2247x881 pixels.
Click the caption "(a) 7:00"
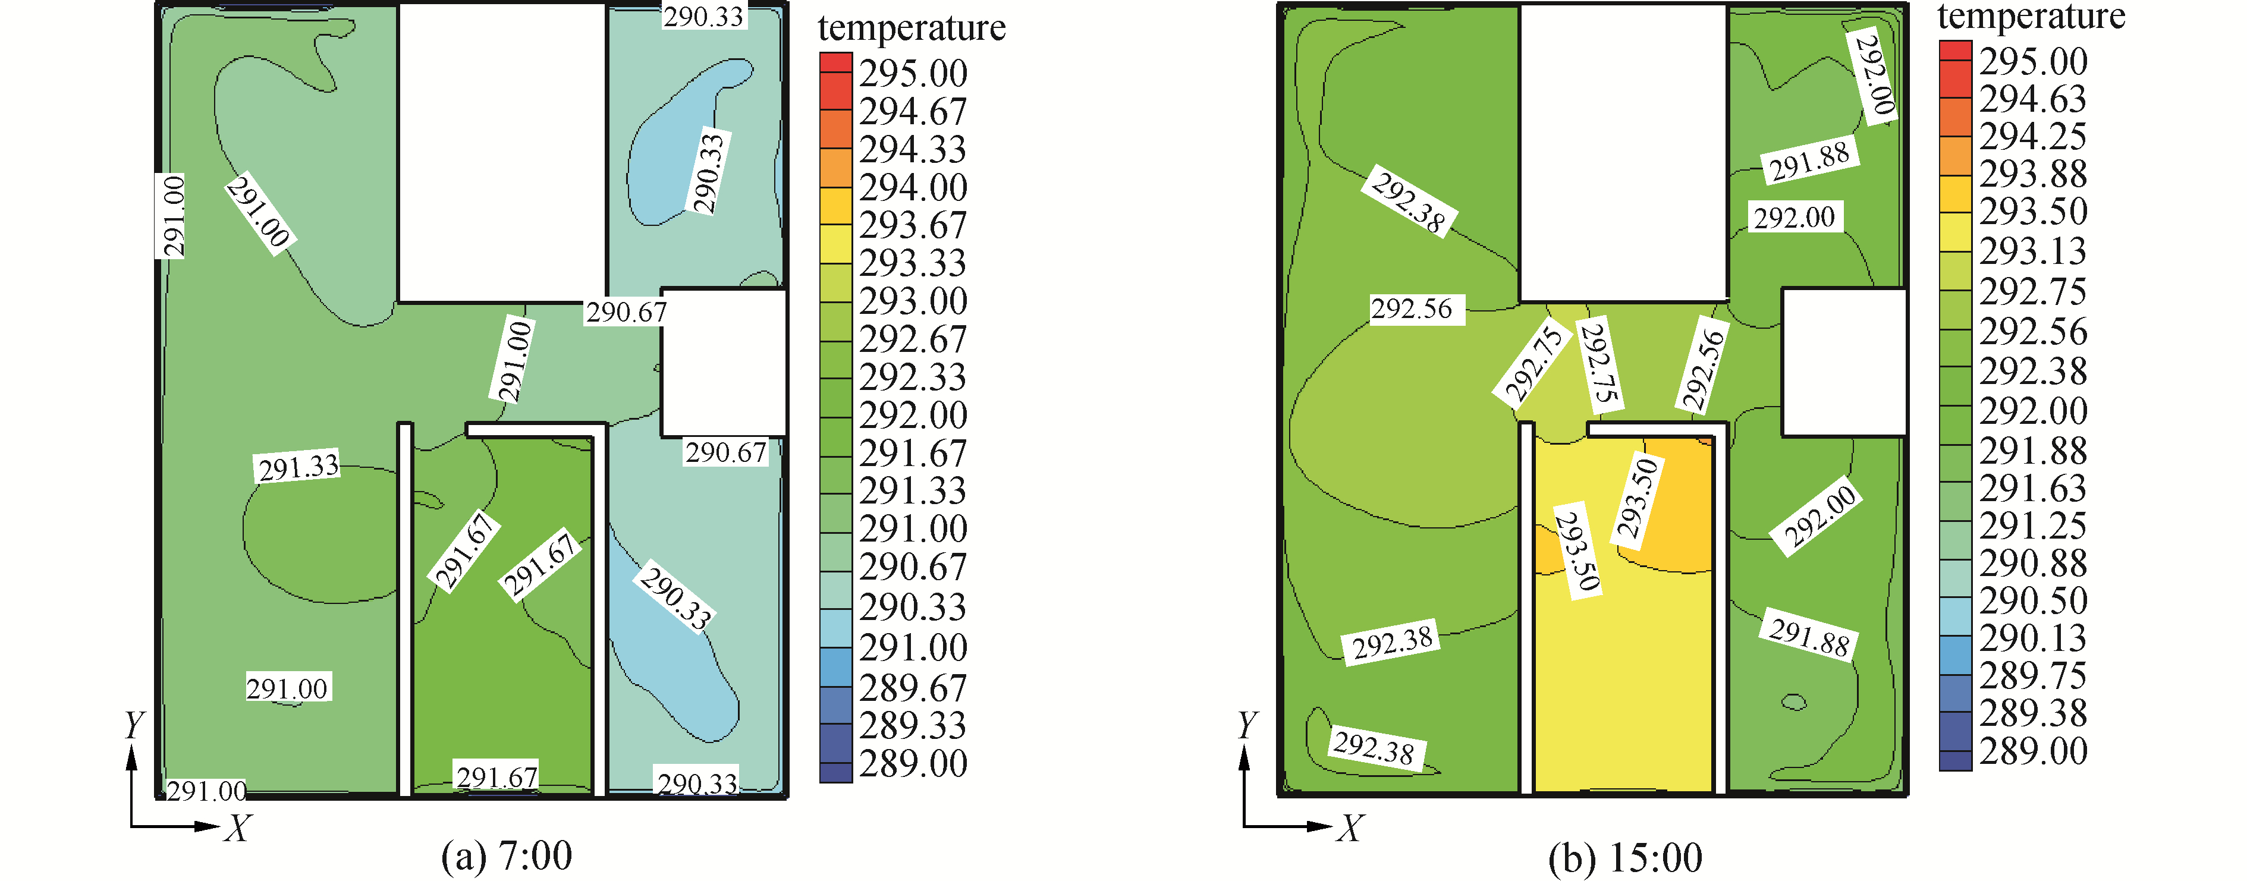(506, 855)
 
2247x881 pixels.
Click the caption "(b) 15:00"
(1624, 857)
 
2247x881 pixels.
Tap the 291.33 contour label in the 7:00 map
(298, 467)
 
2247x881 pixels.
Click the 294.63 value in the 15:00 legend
(2032, 99)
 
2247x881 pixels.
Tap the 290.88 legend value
(2032, 562)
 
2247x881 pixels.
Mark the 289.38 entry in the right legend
(2032, 713)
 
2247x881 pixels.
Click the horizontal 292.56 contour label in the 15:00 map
(1412, 309)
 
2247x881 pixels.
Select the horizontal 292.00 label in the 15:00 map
(1795, 217)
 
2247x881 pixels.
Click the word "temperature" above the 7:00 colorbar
(912, 28)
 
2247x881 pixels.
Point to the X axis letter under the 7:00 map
(237, 827)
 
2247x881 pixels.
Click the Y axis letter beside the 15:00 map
(1247, 725)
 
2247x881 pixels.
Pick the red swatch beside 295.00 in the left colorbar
(835, 64)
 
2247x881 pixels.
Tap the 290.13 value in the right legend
(2032, 638)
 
